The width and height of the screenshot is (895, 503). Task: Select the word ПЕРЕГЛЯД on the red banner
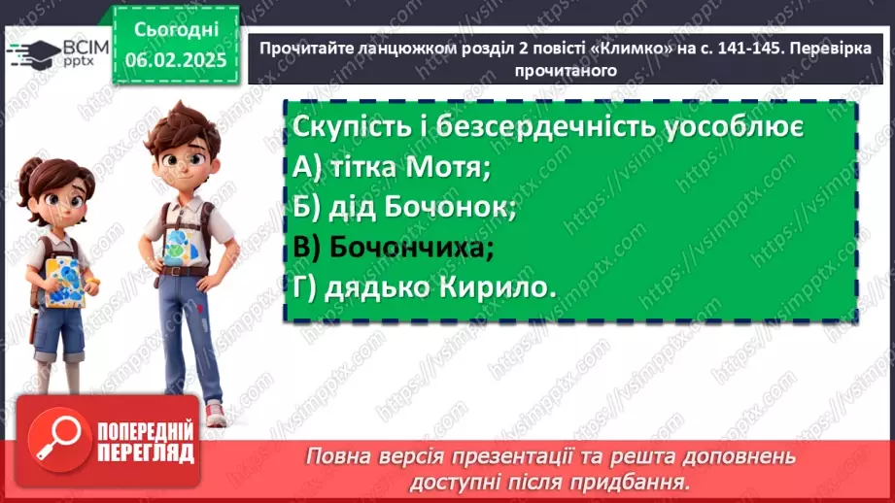click(x=147, y=453)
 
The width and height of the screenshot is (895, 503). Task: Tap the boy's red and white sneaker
click(x=215, y=414)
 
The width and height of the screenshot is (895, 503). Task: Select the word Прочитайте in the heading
click(x=300, y=49)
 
